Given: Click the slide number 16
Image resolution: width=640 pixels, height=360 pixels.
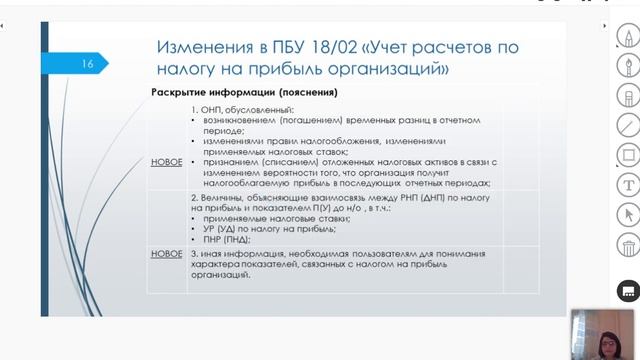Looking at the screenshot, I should pyautogui.click(x=88, y=64).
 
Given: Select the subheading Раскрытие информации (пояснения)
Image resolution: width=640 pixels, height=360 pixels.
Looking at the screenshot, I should pyautogui.click(x=244, y=93).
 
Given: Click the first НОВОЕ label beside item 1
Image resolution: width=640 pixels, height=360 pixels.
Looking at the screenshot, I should pyautogui.click(x=166, y=160).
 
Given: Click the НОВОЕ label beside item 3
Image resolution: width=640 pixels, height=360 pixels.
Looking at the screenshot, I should pyautogui.click(x=166, y=254).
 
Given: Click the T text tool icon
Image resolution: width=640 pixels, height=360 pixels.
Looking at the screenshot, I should pyautogui.click(x=629, y=184).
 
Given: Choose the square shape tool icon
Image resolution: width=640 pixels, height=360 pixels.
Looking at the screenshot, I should pyautogui.click(x=629, y=155).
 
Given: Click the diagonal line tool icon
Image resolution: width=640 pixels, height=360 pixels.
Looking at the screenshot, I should pyautogui.click(x=629, y=125).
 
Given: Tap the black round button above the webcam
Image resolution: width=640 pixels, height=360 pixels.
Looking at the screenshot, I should pyautogui.click(x=629, y=290).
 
